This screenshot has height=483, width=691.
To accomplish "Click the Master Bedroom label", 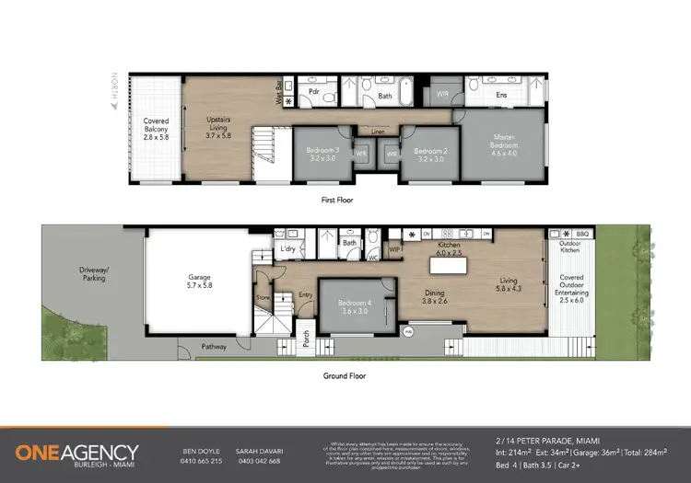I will coord(506,146).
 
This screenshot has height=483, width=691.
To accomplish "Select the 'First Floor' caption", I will coord(336,200).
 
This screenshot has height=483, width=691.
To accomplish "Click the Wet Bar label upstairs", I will coord(278,92).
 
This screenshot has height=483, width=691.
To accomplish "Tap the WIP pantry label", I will coord(394,247).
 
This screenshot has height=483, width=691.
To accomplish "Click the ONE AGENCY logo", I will coord(77,454).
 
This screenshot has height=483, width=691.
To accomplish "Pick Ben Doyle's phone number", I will coord(203,461).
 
